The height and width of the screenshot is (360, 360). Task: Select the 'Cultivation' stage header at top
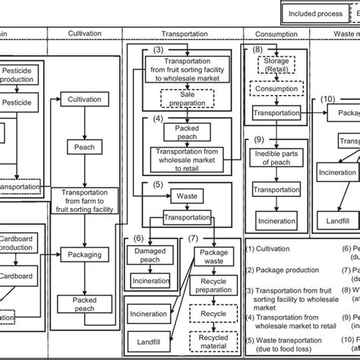click(84, 34)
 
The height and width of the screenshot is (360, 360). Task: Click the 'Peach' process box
click(84, 146)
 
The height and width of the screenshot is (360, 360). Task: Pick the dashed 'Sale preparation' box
click(187, 98)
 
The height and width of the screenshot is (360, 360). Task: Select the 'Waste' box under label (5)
click(187, 195)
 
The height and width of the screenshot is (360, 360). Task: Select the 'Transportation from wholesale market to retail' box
click(187, 155)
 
